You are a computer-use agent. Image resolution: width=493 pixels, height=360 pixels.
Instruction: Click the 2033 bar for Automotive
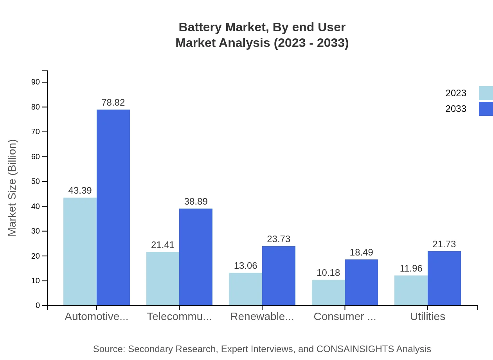113,207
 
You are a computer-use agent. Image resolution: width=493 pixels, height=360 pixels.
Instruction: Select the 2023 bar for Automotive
80,251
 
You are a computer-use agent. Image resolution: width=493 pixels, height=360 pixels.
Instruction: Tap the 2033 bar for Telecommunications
196,257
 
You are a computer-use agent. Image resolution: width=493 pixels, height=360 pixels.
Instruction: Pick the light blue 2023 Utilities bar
411,290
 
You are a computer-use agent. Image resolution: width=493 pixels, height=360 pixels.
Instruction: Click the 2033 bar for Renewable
279,275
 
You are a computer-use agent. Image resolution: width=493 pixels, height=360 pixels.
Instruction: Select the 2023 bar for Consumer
328,292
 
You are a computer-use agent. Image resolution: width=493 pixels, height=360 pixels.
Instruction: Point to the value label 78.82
113,103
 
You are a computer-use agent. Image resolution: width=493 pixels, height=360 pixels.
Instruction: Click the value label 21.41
163,245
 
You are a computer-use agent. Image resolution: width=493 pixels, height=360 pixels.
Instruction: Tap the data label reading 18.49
361,252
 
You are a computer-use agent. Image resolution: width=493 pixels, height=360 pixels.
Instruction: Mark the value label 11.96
411,268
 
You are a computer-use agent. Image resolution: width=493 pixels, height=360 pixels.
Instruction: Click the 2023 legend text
456,93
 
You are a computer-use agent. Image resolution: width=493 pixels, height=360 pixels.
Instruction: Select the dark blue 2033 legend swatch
486,109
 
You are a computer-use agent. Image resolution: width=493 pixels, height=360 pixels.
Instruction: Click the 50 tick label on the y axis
36,182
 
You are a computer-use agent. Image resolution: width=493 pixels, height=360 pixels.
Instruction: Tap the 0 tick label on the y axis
38,305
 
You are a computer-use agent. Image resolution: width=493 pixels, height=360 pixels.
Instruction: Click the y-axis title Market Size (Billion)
13,188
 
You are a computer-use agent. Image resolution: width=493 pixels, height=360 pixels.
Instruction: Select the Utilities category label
427,317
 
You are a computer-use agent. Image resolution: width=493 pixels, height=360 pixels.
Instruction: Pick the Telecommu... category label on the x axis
179,317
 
